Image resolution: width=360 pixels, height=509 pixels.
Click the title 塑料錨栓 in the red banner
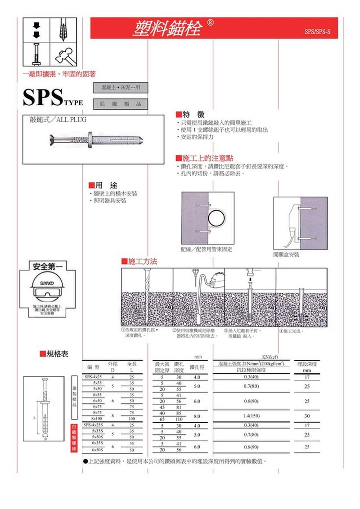(x=166, y=28)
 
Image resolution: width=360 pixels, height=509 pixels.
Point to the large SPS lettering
(x=44, y=97)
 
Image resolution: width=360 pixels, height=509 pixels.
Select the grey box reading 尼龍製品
(x=120, y=104)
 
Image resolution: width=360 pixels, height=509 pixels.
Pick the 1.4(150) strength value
(x=251, y=415)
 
